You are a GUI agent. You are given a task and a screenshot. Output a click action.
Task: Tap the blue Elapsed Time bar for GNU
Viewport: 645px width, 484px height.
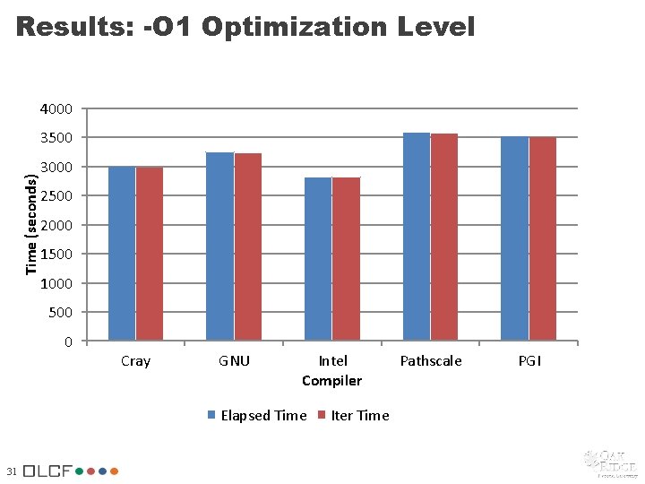pyautogui.click(x=219, y=246)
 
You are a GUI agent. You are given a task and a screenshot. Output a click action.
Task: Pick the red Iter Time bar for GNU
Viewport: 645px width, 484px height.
pyautogui.click(x=248, y=247)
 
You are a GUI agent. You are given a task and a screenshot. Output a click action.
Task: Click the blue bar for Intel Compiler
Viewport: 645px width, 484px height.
pyautogui.click(x=318, y=259)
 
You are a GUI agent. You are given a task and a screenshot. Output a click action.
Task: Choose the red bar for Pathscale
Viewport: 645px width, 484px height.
pyautogui.click(x=444, y=238)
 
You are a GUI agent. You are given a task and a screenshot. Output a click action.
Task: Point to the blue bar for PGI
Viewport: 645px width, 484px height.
pyautogui.click(x=514, y=239)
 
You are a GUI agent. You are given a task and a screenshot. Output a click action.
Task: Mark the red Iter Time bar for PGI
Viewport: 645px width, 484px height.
pyautogui.click(x=543, y=239)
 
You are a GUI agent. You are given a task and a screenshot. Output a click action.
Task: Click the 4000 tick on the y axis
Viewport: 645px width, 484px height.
pyautogui.click(x=56, y=109)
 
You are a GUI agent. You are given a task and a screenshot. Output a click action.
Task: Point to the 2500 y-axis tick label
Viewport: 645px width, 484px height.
pyautogui.click(x=56, y=196)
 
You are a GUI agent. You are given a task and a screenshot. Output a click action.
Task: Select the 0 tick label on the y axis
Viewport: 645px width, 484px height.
pyautogui.click(x=68, y=342)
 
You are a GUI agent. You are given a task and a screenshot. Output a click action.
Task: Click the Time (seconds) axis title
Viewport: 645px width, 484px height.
pyautogui.click(x=31, y=225)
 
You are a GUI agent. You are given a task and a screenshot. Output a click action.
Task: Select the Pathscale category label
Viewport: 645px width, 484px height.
pyautogui.click(x=431, y=361)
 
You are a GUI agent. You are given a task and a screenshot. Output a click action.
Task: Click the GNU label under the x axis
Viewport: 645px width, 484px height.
pyautogui.click(x=234, y=361)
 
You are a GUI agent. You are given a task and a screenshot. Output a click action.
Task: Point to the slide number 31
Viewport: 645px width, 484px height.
pyautogui.click(x=11, y=471)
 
